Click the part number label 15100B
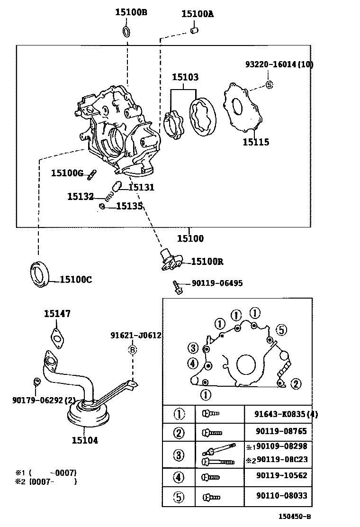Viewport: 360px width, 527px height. pyautogui.click(x=131, y=13)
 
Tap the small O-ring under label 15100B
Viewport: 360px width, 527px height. pyautogui.click(x=127, y=32)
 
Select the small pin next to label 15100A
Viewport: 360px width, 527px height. pyautogui.click(x=194, y=31)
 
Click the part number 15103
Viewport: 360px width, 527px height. pyautogui.click(x=185, y=77)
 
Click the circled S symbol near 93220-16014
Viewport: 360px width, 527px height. pyautogui.click(x=269, y=85)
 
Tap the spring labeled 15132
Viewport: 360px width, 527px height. pyautogui.click(x=109, y=195)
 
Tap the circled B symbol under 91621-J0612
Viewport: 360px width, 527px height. pyautogui.click(x=133, y=350)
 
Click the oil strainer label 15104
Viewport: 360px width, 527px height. pyautogui.click(x=85, y=440)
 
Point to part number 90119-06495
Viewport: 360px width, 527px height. pyautogui.click(x=217, y=283)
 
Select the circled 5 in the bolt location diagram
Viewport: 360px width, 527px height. pyautogui.click(x=280, y=330)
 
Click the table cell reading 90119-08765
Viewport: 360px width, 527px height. pyautogui.click(x=281, y=431)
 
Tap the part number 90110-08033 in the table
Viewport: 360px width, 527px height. pyautogui.click(x=281, y=496)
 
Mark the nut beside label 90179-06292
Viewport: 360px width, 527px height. pyautogui.click(x=36, y=382)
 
